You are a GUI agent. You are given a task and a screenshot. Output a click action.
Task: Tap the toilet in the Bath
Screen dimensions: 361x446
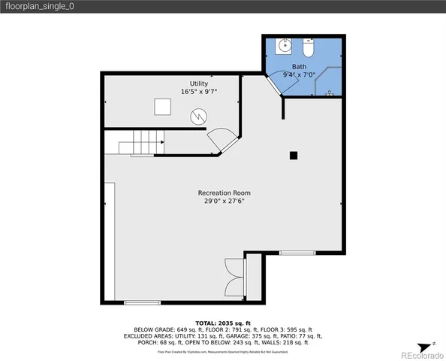(308, 48)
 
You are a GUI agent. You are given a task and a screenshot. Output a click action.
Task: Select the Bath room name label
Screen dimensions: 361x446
(300, 66)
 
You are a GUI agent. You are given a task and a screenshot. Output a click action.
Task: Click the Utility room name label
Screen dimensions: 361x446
(198, 83)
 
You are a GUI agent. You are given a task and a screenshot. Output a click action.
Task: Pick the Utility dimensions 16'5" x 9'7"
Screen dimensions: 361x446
(198, 92)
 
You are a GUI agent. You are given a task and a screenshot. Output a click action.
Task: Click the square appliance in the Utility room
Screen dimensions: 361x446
(163, 108)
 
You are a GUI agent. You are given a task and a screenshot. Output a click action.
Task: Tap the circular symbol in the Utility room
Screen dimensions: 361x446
(198, 117)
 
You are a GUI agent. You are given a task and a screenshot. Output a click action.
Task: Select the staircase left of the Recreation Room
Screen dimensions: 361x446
(143, 142)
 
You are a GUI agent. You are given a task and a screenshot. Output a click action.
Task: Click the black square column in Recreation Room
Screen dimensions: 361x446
(294, 156)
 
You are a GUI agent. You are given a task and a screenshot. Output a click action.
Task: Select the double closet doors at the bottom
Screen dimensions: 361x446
(233, 276)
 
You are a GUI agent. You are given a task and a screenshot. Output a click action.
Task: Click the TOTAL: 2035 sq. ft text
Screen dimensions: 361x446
(222, 322)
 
